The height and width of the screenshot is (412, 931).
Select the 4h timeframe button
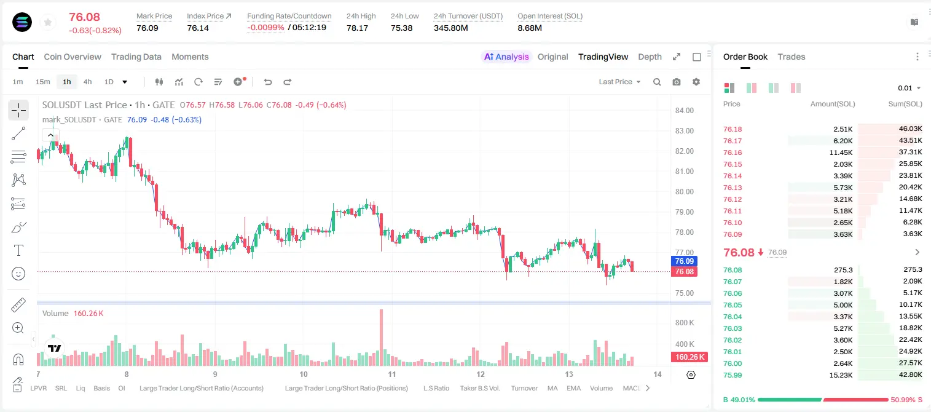[87, 82]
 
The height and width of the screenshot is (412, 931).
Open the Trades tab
[791, 57]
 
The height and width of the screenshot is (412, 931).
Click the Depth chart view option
[650, 57]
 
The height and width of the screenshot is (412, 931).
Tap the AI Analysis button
[506, 57]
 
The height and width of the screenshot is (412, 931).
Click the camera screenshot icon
[676, 82]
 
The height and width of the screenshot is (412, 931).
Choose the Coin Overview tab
[73, 57]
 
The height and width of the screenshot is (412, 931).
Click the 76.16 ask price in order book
[733, 153]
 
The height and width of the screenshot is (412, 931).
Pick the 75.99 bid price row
[733, 375]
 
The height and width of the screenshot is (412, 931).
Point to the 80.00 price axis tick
[684, 192]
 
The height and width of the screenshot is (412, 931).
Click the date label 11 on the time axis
[391, 374]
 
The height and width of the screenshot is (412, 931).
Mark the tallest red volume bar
[381, 338]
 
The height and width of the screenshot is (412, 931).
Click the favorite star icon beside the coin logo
[48, 22]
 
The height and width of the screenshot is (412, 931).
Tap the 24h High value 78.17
[357, 28]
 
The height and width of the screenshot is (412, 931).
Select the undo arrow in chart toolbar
[268, 82]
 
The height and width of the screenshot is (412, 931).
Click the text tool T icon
[18, 250]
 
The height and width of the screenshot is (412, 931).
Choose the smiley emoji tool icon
[18, 274]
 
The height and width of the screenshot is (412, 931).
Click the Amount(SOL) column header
[833, 104]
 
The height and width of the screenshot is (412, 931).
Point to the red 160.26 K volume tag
[689, 357]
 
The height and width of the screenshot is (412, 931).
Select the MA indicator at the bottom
[552, 388]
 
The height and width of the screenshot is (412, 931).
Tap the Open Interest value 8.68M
[530, 28]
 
